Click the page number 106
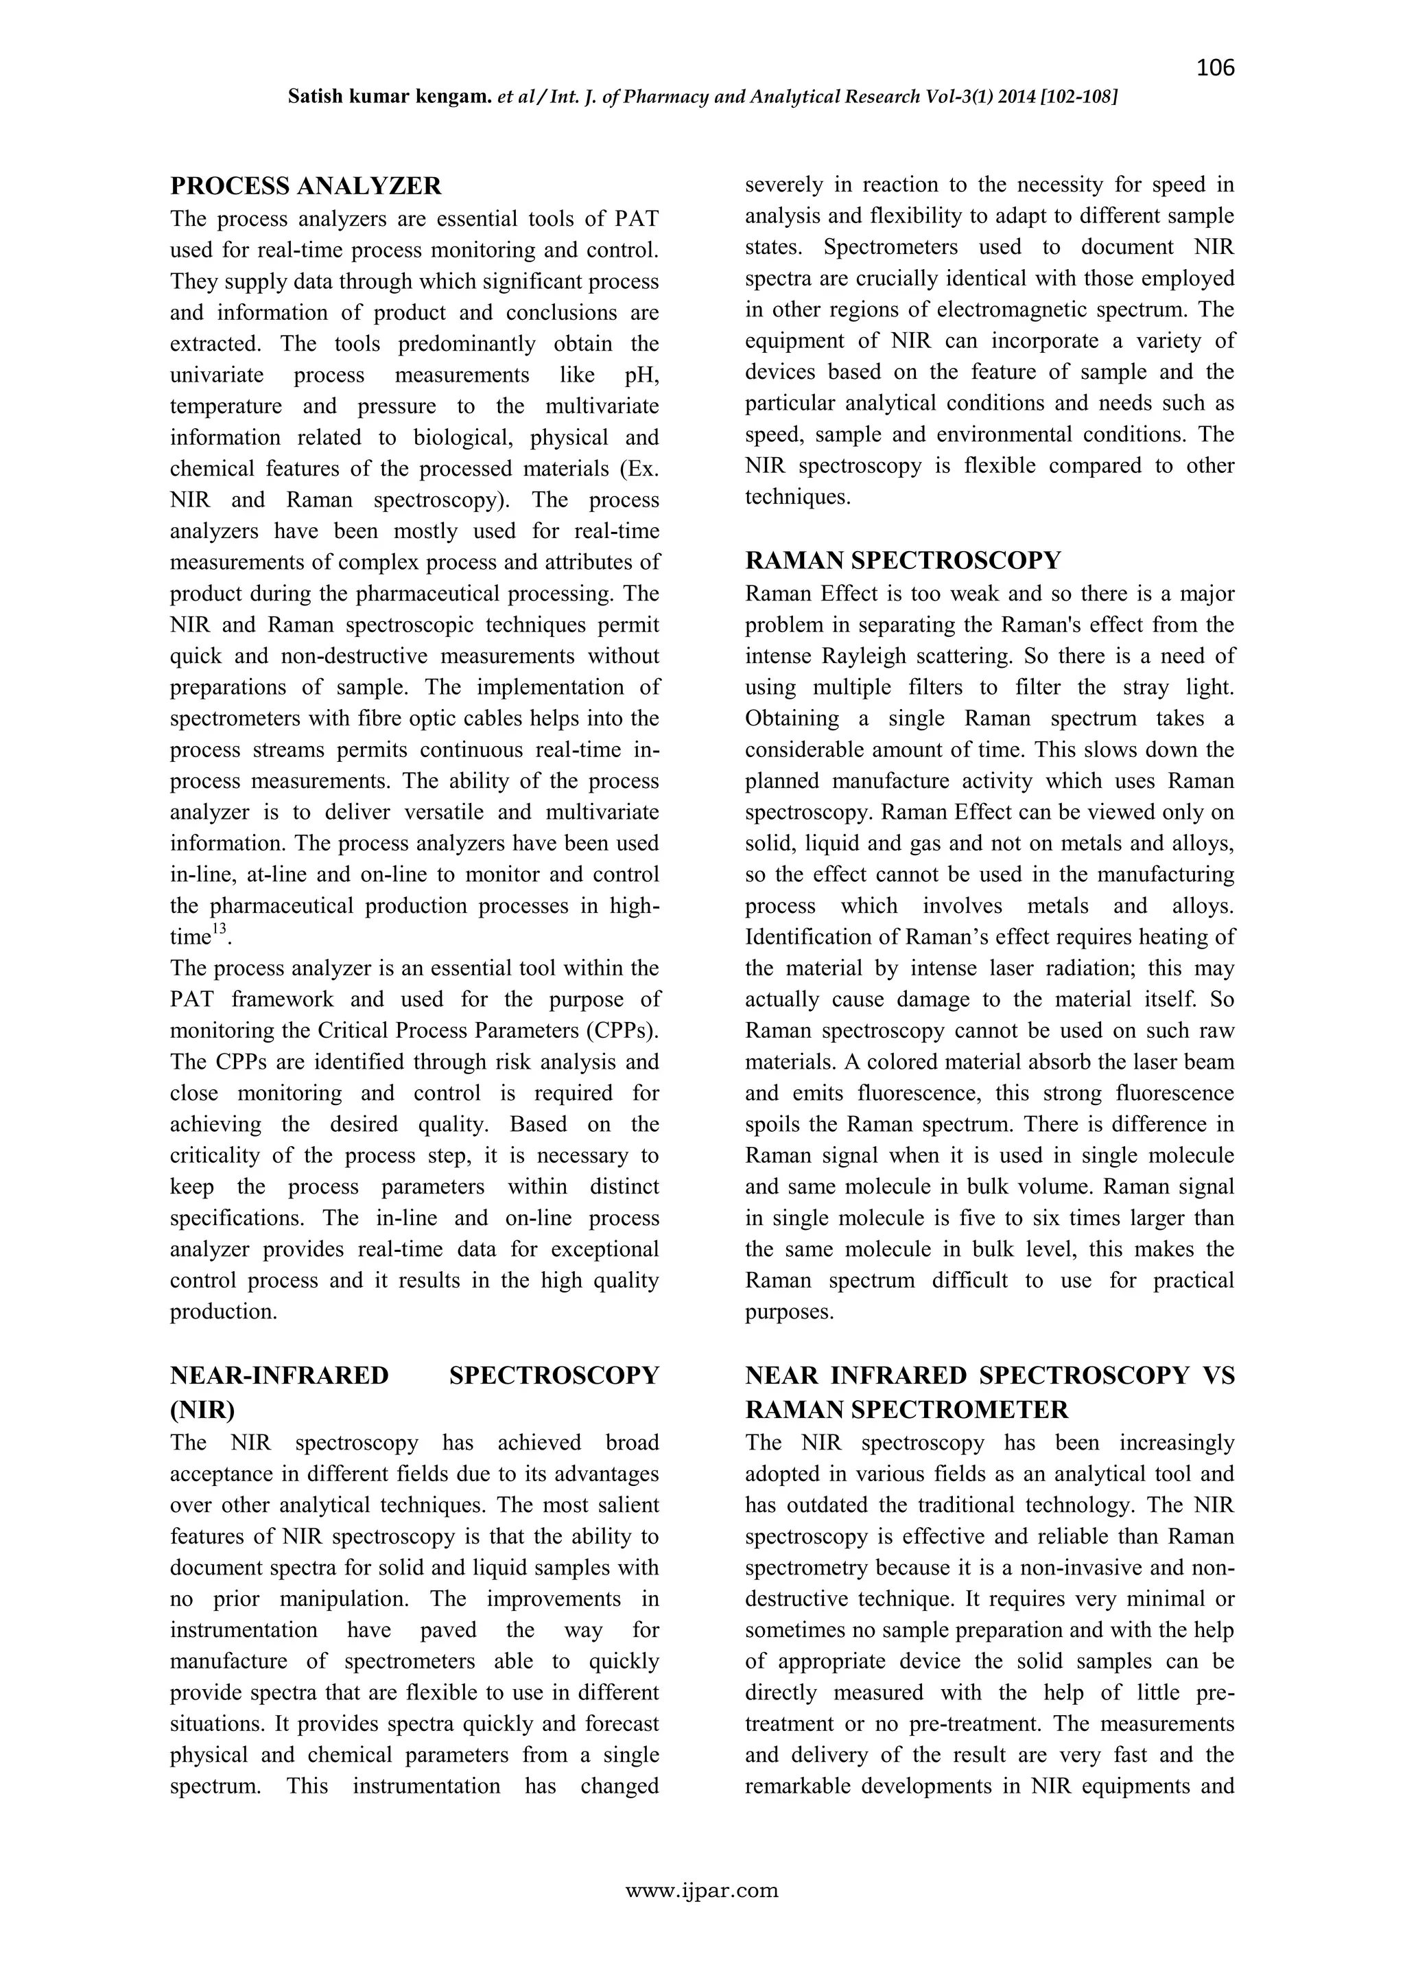pos(1215,67)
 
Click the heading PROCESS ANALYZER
pos(305,186)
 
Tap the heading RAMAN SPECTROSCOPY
pos(902,561)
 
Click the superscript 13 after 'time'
pos(219,930)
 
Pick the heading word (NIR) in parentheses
pos(202,1410)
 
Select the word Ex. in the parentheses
pos(645,468)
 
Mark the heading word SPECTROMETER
pos(960,1410)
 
